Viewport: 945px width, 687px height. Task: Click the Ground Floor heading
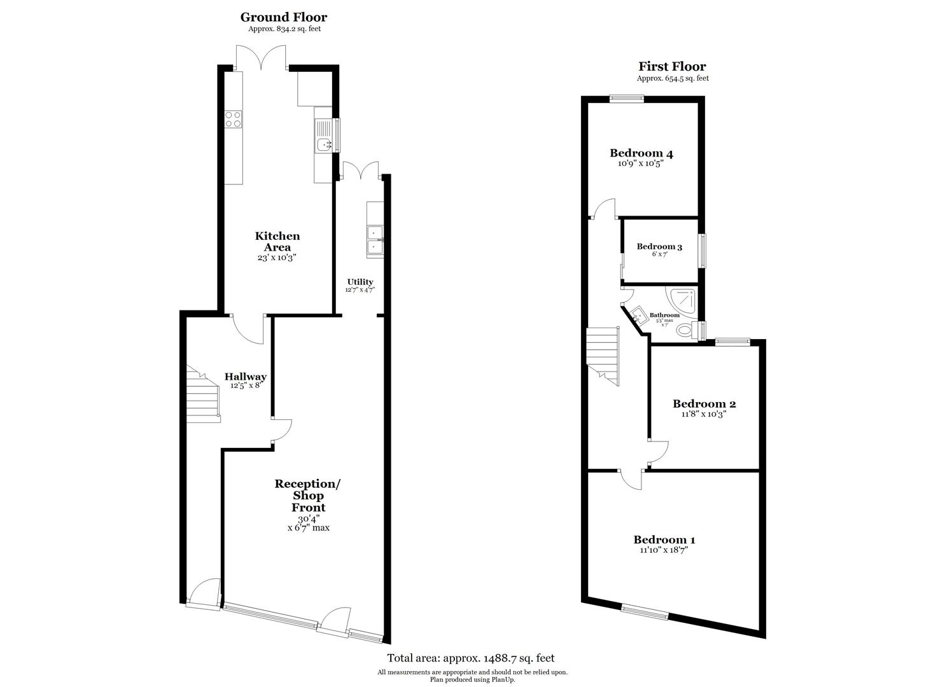coord(283,17)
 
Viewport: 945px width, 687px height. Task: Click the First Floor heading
coord(672,67)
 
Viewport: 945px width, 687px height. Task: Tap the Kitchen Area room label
coord(277,241)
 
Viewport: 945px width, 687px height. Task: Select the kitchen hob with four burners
coord(234,119)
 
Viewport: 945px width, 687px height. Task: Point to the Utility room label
coord(360,282)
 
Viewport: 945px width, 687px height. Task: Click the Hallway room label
coord(246,377)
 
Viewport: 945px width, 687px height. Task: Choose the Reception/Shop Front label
coord(308,495)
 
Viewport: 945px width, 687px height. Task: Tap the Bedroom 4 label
coord(641,153)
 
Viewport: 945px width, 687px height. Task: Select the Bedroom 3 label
coord(659,246)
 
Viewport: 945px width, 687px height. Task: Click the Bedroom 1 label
coord(664,540)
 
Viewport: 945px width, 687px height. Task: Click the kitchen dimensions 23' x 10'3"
coord(277,258)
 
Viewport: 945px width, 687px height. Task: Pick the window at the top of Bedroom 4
coord(626,98)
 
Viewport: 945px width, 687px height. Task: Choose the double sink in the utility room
coord(375,239)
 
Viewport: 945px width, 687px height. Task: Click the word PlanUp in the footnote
coord(501,679)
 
